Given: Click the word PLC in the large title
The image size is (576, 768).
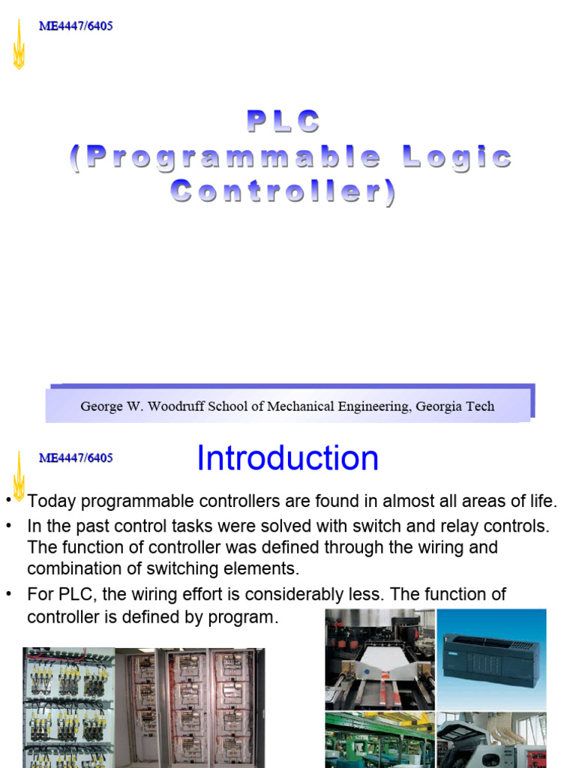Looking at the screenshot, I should click(x=283, y=121).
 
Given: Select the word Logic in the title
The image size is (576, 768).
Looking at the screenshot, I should click(x=457, y=157).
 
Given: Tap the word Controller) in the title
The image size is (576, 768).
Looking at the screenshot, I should click(x=283, y=192).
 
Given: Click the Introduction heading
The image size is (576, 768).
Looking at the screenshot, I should click(x=287, y=458).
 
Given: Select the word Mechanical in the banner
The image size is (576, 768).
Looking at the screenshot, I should click(x=320, y=406).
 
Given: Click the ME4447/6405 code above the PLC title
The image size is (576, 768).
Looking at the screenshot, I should click(x=76, y=27).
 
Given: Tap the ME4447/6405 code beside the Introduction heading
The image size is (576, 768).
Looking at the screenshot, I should click(x=76, y=457).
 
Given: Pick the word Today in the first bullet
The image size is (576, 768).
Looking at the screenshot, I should click(x=51, y=502).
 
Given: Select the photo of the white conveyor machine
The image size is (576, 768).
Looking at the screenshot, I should click(x=379, y=658).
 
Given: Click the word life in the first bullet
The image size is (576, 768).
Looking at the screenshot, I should click(x=541, y=502).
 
